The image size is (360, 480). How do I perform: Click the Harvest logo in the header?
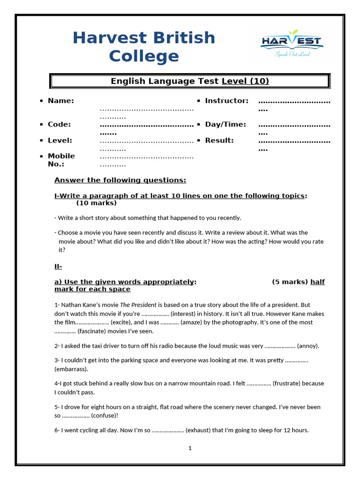(292, 43)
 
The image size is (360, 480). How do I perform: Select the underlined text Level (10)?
(245, 81)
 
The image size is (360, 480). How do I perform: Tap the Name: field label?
(61, 101)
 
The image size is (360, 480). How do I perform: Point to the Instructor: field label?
(227, 101)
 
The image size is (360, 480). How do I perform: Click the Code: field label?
(60, 124)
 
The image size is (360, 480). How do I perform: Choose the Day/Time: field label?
(225, 124)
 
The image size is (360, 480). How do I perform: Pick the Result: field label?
(219, 140)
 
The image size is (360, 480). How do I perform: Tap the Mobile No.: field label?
(61, 160)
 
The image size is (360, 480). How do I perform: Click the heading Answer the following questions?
(120, 180)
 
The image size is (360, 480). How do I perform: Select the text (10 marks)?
(96, 203)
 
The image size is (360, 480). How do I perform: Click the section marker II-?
(59, 267)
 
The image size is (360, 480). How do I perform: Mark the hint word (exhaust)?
(198, 430)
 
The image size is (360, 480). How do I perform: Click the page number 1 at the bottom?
(190, 448)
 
